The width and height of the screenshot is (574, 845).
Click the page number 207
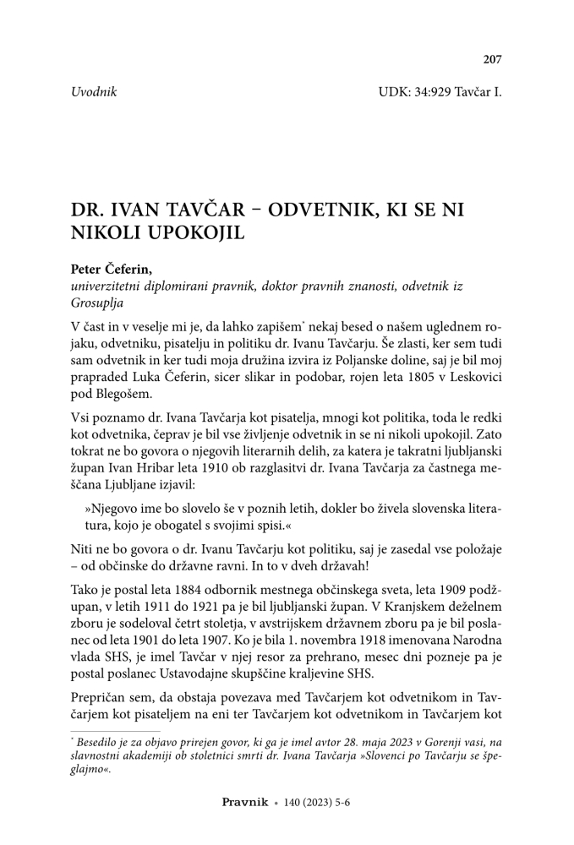point(492,59)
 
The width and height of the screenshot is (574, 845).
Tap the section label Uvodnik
point(94,91)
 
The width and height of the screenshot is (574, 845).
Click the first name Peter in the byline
point(88,271)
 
